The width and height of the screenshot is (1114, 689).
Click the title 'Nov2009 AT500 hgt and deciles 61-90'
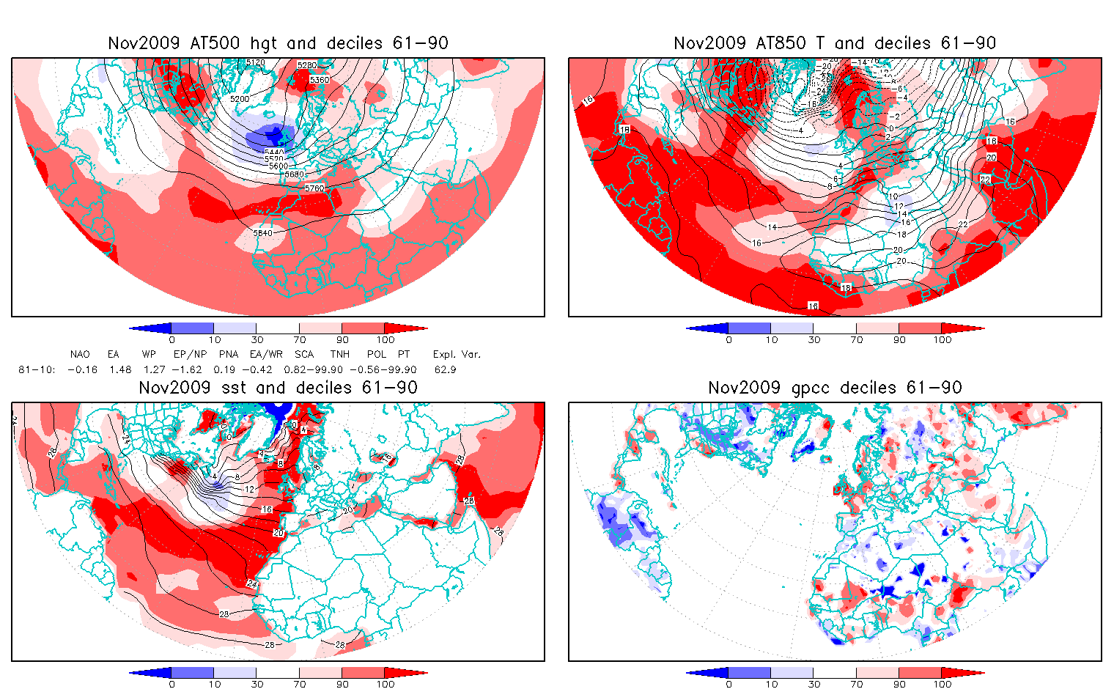coord(278,43)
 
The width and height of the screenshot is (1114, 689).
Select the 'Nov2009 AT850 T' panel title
coord(835,43)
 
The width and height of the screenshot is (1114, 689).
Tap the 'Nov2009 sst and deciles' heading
coord(278,388)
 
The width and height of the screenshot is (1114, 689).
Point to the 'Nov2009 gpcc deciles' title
coord(835,388)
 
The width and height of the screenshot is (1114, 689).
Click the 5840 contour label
coord(262,233)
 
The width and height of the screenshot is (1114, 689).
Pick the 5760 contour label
coord(314,188)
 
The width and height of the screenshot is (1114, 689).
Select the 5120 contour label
coord(255,63)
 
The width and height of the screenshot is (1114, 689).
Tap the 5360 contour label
coord(320,79)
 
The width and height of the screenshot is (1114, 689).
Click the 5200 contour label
coord(240,98)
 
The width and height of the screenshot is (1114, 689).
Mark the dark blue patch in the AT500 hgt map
coord(270,136)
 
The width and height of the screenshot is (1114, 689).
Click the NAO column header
coord(80,355)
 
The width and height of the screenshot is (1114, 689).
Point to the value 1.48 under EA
coord(119,370)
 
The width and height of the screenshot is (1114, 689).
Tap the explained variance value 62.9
coord(445,370)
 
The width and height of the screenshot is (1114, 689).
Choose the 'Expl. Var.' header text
coord(457,355)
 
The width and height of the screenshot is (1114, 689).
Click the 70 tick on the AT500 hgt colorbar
coord(299,339)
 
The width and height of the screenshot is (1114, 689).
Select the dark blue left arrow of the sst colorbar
coord(150,673)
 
